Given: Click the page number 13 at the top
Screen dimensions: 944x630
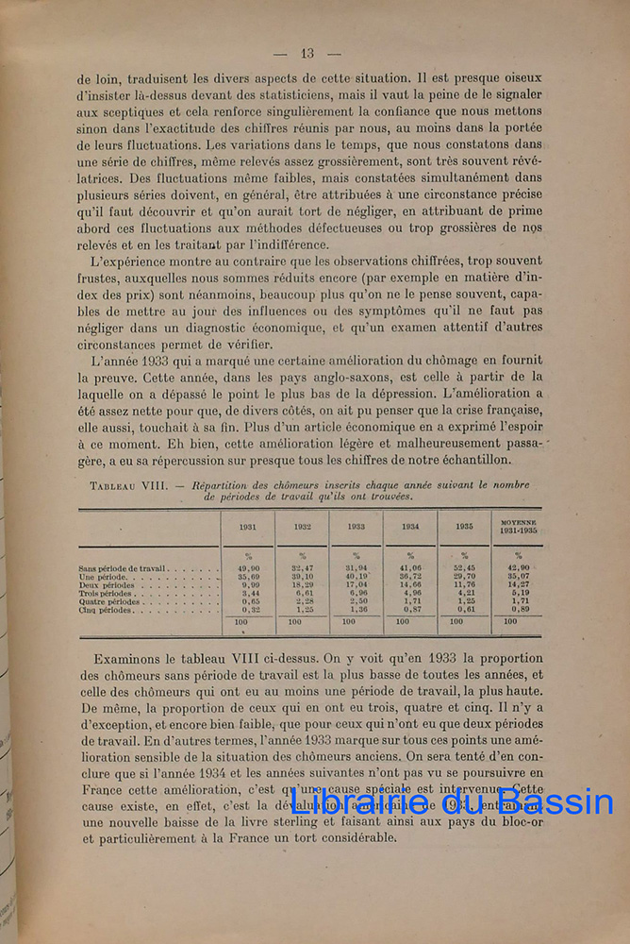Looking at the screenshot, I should (x=307, y=53).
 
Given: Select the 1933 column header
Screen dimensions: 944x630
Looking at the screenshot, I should (x=356, y=527).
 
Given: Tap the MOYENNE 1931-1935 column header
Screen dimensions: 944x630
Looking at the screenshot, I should (x=518, y=526).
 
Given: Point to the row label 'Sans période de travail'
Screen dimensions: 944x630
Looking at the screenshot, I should (x=123, y=568).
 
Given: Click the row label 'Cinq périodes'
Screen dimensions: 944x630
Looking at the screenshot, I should (x=106, y=610).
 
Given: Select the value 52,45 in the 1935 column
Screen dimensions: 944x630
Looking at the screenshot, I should (x=464, y=567).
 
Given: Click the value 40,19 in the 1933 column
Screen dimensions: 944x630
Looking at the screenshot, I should (x=356, y=576).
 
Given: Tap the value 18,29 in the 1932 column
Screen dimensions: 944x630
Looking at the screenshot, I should (x=302, y=584).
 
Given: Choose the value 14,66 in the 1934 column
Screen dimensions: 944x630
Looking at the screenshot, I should (x=410, y=584).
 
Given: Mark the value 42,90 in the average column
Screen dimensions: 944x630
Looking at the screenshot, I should (x=518, y=567).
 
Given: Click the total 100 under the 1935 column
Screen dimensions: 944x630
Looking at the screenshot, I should (x=456, y=622).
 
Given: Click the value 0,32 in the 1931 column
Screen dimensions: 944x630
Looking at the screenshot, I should (x=249, y=610).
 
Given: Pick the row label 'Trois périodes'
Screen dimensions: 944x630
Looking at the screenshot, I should (x=108, y=593).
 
